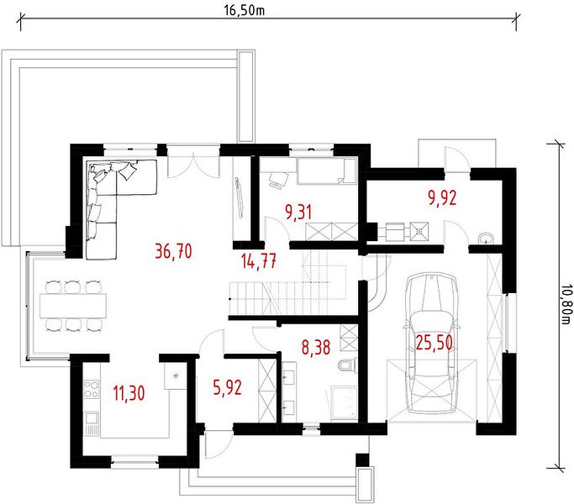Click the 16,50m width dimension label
tap(245, 10)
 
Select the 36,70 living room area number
tap(173, 251)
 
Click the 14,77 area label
tap(259, 261)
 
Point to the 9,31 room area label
tap(298, 213)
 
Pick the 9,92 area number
tap(442, 198)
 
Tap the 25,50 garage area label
tap(434, 343)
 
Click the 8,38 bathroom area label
tap(316, 347)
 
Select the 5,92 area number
tap(227, 388)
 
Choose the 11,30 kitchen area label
tap(129, 393)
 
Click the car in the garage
tap(432, 344)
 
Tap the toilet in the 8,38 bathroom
tap(347, 365)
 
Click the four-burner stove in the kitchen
tap(91, 389)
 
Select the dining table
tap(73, 306)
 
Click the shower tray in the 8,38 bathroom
tap(344, 402)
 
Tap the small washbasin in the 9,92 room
tap(486, 239)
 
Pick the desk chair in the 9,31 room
tap(278, 180)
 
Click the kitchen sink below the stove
tap(92, 424)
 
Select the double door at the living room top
tap(193, 165)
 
